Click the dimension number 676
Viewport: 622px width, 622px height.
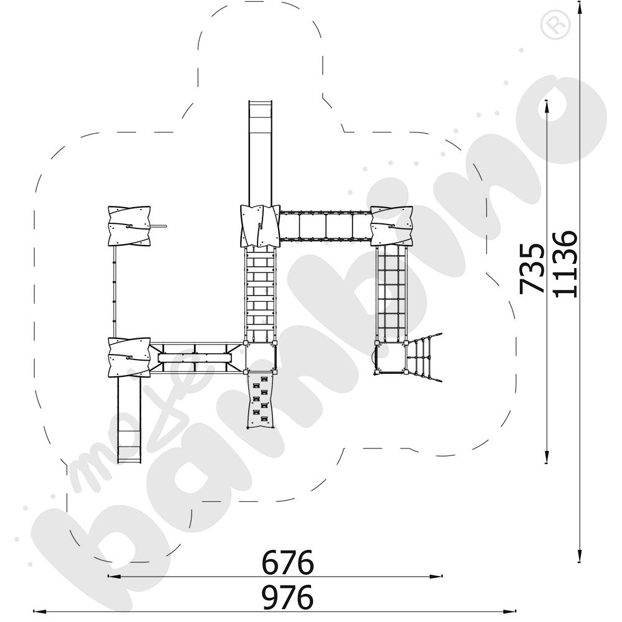[x=287, y=562]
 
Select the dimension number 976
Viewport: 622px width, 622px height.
[x=287, y=597]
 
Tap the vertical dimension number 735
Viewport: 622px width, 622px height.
[x=532, y=269]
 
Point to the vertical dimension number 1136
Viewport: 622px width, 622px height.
[x=565, y=264]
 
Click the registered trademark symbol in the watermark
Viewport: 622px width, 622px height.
[x=555, y=26]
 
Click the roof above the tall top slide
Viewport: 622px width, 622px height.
[x=260, y=226]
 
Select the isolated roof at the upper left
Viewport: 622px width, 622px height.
[x=129, y=226]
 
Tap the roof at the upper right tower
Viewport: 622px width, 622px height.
[x=391, y=226]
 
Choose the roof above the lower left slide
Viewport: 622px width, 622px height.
[x=129, y=357]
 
